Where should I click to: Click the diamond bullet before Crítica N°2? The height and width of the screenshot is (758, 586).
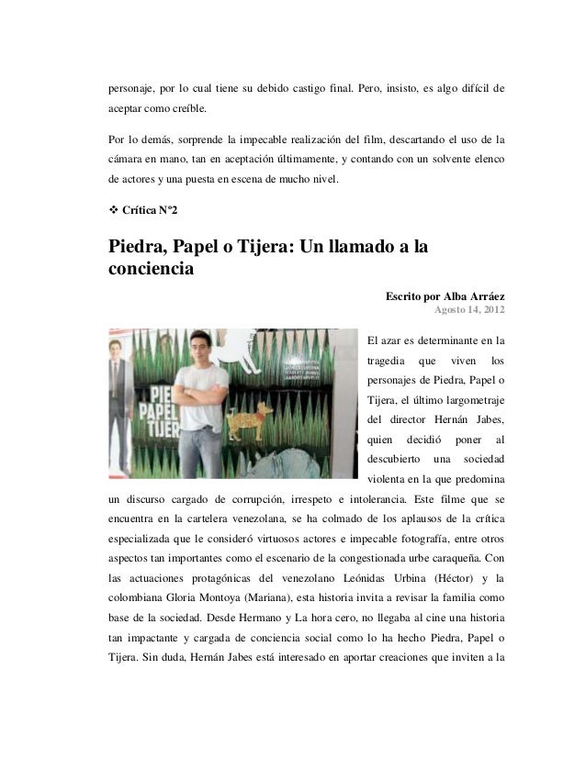[114, 211]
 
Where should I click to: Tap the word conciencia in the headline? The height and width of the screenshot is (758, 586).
[152, 271]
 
